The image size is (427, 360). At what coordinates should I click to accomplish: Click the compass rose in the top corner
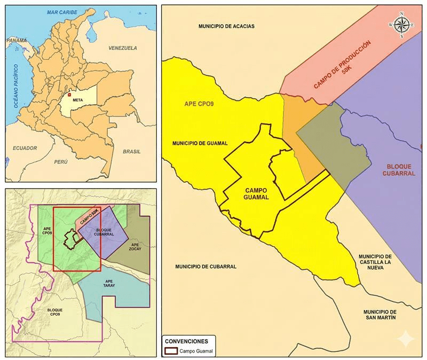click(x=402, y=25)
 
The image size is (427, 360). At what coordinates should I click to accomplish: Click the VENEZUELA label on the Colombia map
click(x=123, y=48)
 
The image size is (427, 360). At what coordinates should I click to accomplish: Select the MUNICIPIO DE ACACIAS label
click(x=226, y=26)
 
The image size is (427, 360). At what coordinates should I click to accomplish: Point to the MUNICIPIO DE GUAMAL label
click(x=200, y=143)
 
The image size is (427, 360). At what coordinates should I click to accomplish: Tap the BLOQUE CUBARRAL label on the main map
click(x=399, y=170)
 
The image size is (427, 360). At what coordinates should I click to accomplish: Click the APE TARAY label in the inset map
click(x=109, y=283)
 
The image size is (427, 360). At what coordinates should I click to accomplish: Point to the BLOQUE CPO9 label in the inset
click(x=55, y=313)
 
